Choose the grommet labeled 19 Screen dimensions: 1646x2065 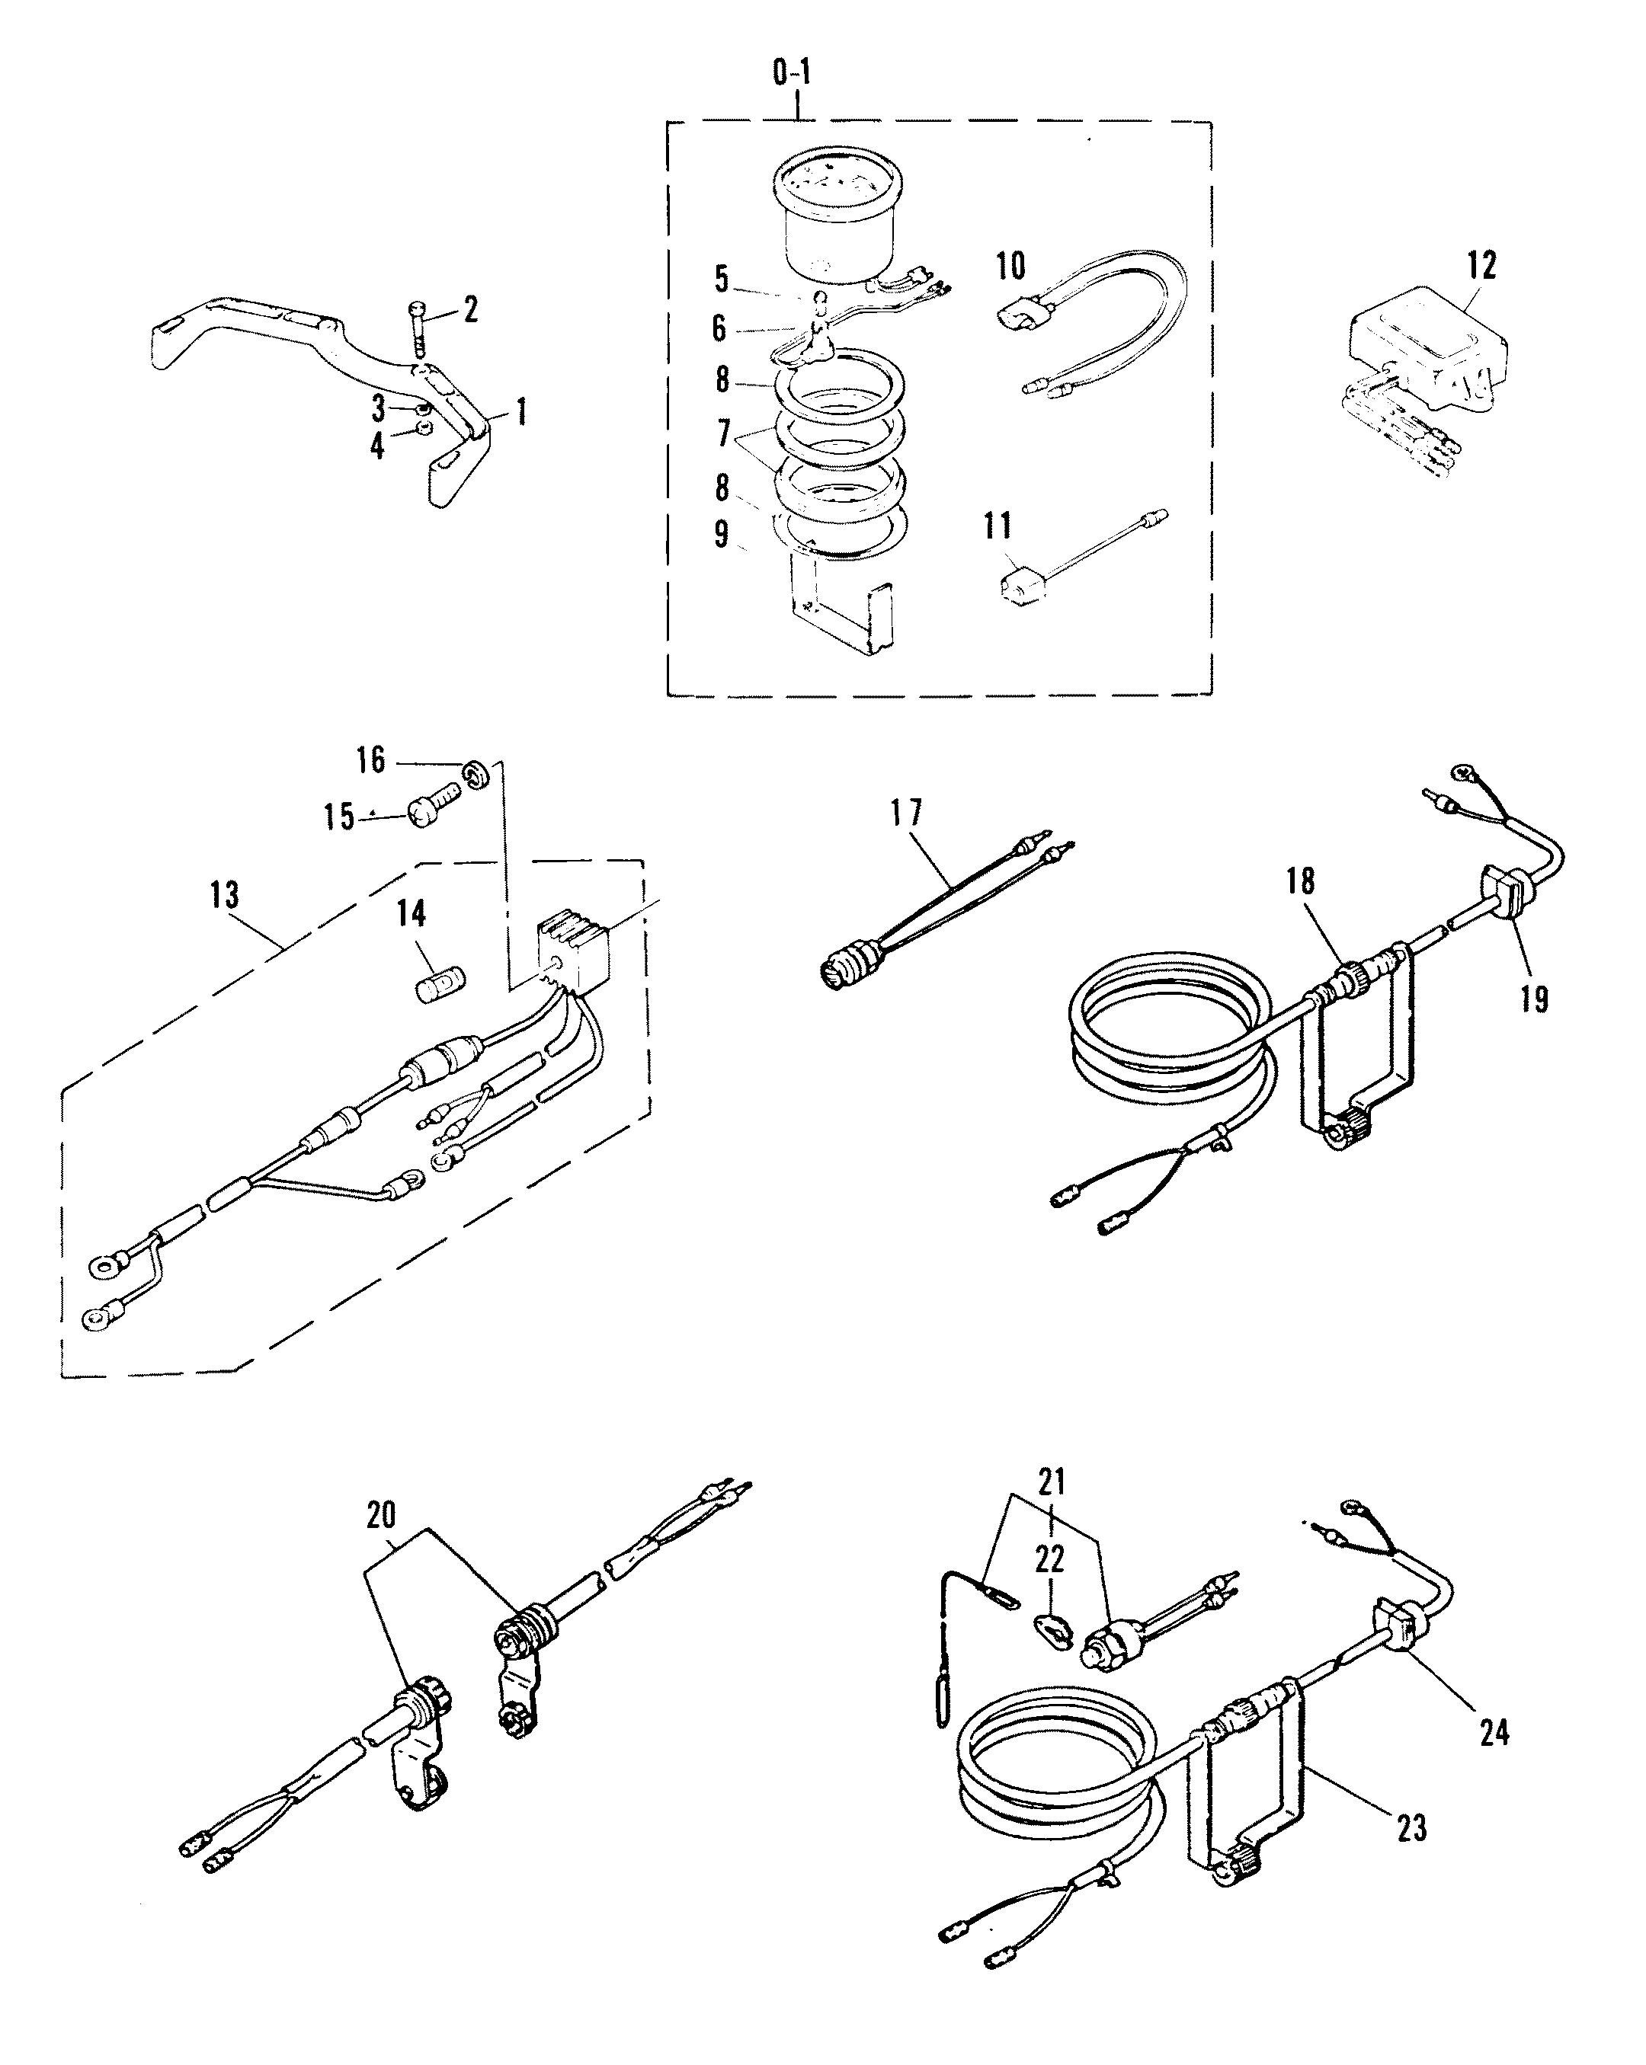click(1502, 897)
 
